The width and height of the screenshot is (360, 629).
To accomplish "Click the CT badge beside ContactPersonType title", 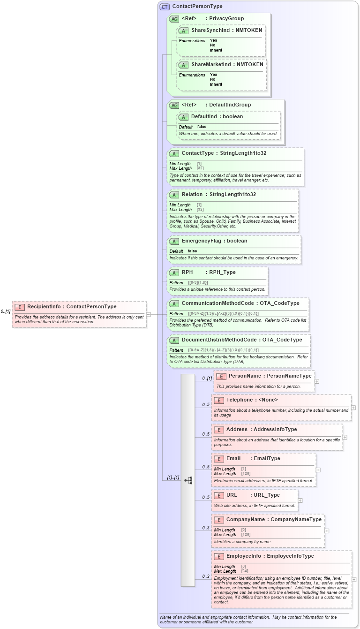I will (x=165, y=7).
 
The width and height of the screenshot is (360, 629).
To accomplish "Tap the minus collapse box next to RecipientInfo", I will (x=148, y=315).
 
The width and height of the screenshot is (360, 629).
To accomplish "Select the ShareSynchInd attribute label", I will (x=210, y=30).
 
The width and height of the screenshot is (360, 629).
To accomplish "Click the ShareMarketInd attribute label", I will (x=211, y=64).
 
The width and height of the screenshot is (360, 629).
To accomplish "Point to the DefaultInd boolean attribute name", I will (x=204, y=116).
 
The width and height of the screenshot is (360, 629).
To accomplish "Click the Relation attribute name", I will (x=192, y=194).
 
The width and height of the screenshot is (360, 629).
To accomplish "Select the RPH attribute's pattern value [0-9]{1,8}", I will (x=198, y=282).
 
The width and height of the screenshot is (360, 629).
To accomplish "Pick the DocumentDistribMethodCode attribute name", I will (x=219, y=340).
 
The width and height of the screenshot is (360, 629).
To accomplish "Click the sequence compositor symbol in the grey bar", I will (x=188, y=480).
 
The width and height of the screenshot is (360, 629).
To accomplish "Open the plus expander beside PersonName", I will (x=317, y=381).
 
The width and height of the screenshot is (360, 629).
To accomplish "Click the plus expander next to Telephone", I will (x=353, y=408).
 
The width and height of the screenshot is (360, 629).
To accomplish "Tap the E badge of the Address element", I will (x=218, y=430).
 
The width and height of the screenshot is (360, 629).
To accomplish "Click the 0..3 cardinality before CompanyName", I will (x=206, y=528).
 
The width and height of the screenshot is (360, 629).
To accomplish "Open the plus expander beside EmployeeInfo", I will (x=354, y=579).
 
